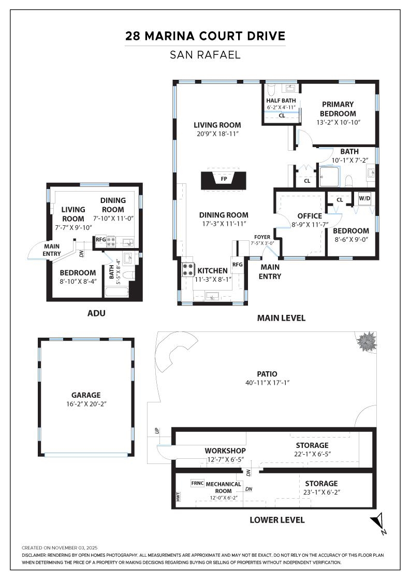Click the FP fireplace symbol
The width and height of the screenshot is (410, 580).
point(224,179)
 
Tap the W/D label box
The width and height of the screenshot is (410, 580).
point(365,198)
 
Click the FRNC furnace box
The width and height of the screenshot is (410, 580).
point(197,483)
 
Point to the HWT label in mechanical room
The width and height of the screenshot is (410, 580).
point(178,497)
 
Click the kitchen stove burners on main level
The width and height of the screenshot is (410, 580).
point(187,269)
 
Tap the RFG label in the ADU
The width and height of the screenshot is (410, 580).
point(100,239)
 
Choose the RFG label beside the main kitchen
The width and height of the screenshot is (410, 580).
point(237,265)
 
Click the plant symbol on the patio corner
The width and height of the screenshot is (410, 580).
point(367,342)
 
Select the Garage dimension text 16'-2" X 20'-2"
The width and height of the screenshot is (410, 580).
point(86,403)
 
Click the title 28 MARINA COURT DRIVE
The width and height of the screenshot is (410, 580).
point(205,36)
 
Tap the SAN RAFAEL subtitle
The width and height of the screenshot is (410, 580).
point(205,54)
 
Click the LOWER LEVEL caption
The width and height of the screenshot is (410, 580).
point(277,520)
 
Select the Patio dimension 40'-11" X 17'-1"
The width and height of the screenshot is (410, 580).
point(267,383)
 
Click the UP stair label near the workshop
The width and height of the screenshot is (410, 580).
point(156,430)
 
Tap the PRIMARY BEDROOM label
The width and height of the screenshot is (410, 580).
point(338,109)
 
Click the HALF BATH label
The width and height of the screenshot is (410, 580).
point(281,100)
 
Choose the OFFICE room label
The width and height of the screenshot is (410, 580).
point(310,216)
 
